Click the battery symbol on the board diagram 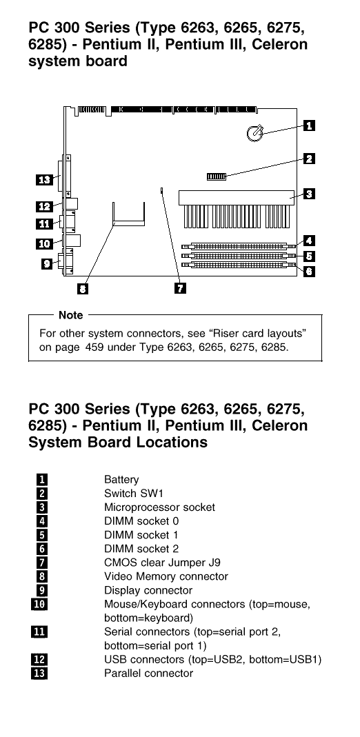(x=254, y=134)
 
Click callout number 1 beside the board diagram (x=309, y=125)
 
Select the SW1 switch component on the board (x=217, y=176)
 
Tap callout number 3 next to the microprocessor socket (x=309, y=193)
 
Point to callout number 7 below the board (x=181, y=287)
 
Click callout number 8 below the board (x=82, y=289)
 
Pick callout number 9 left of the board (x=46, y=263)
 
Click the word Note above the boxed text (x=71, y=315)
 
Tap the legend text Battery (x=121, y=480)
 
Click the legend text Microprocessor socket (x=159, y=507)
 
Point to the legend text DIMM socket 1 (x=141, y=535)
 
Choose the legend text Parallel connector (x=148, y=673)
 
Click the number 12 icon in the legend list (x=39, y=660)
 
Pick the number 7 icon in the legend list (x=42, y=562)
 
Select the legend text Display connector (x=148, y=590)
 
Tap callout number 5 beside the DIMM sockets (x=309, y=256)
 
